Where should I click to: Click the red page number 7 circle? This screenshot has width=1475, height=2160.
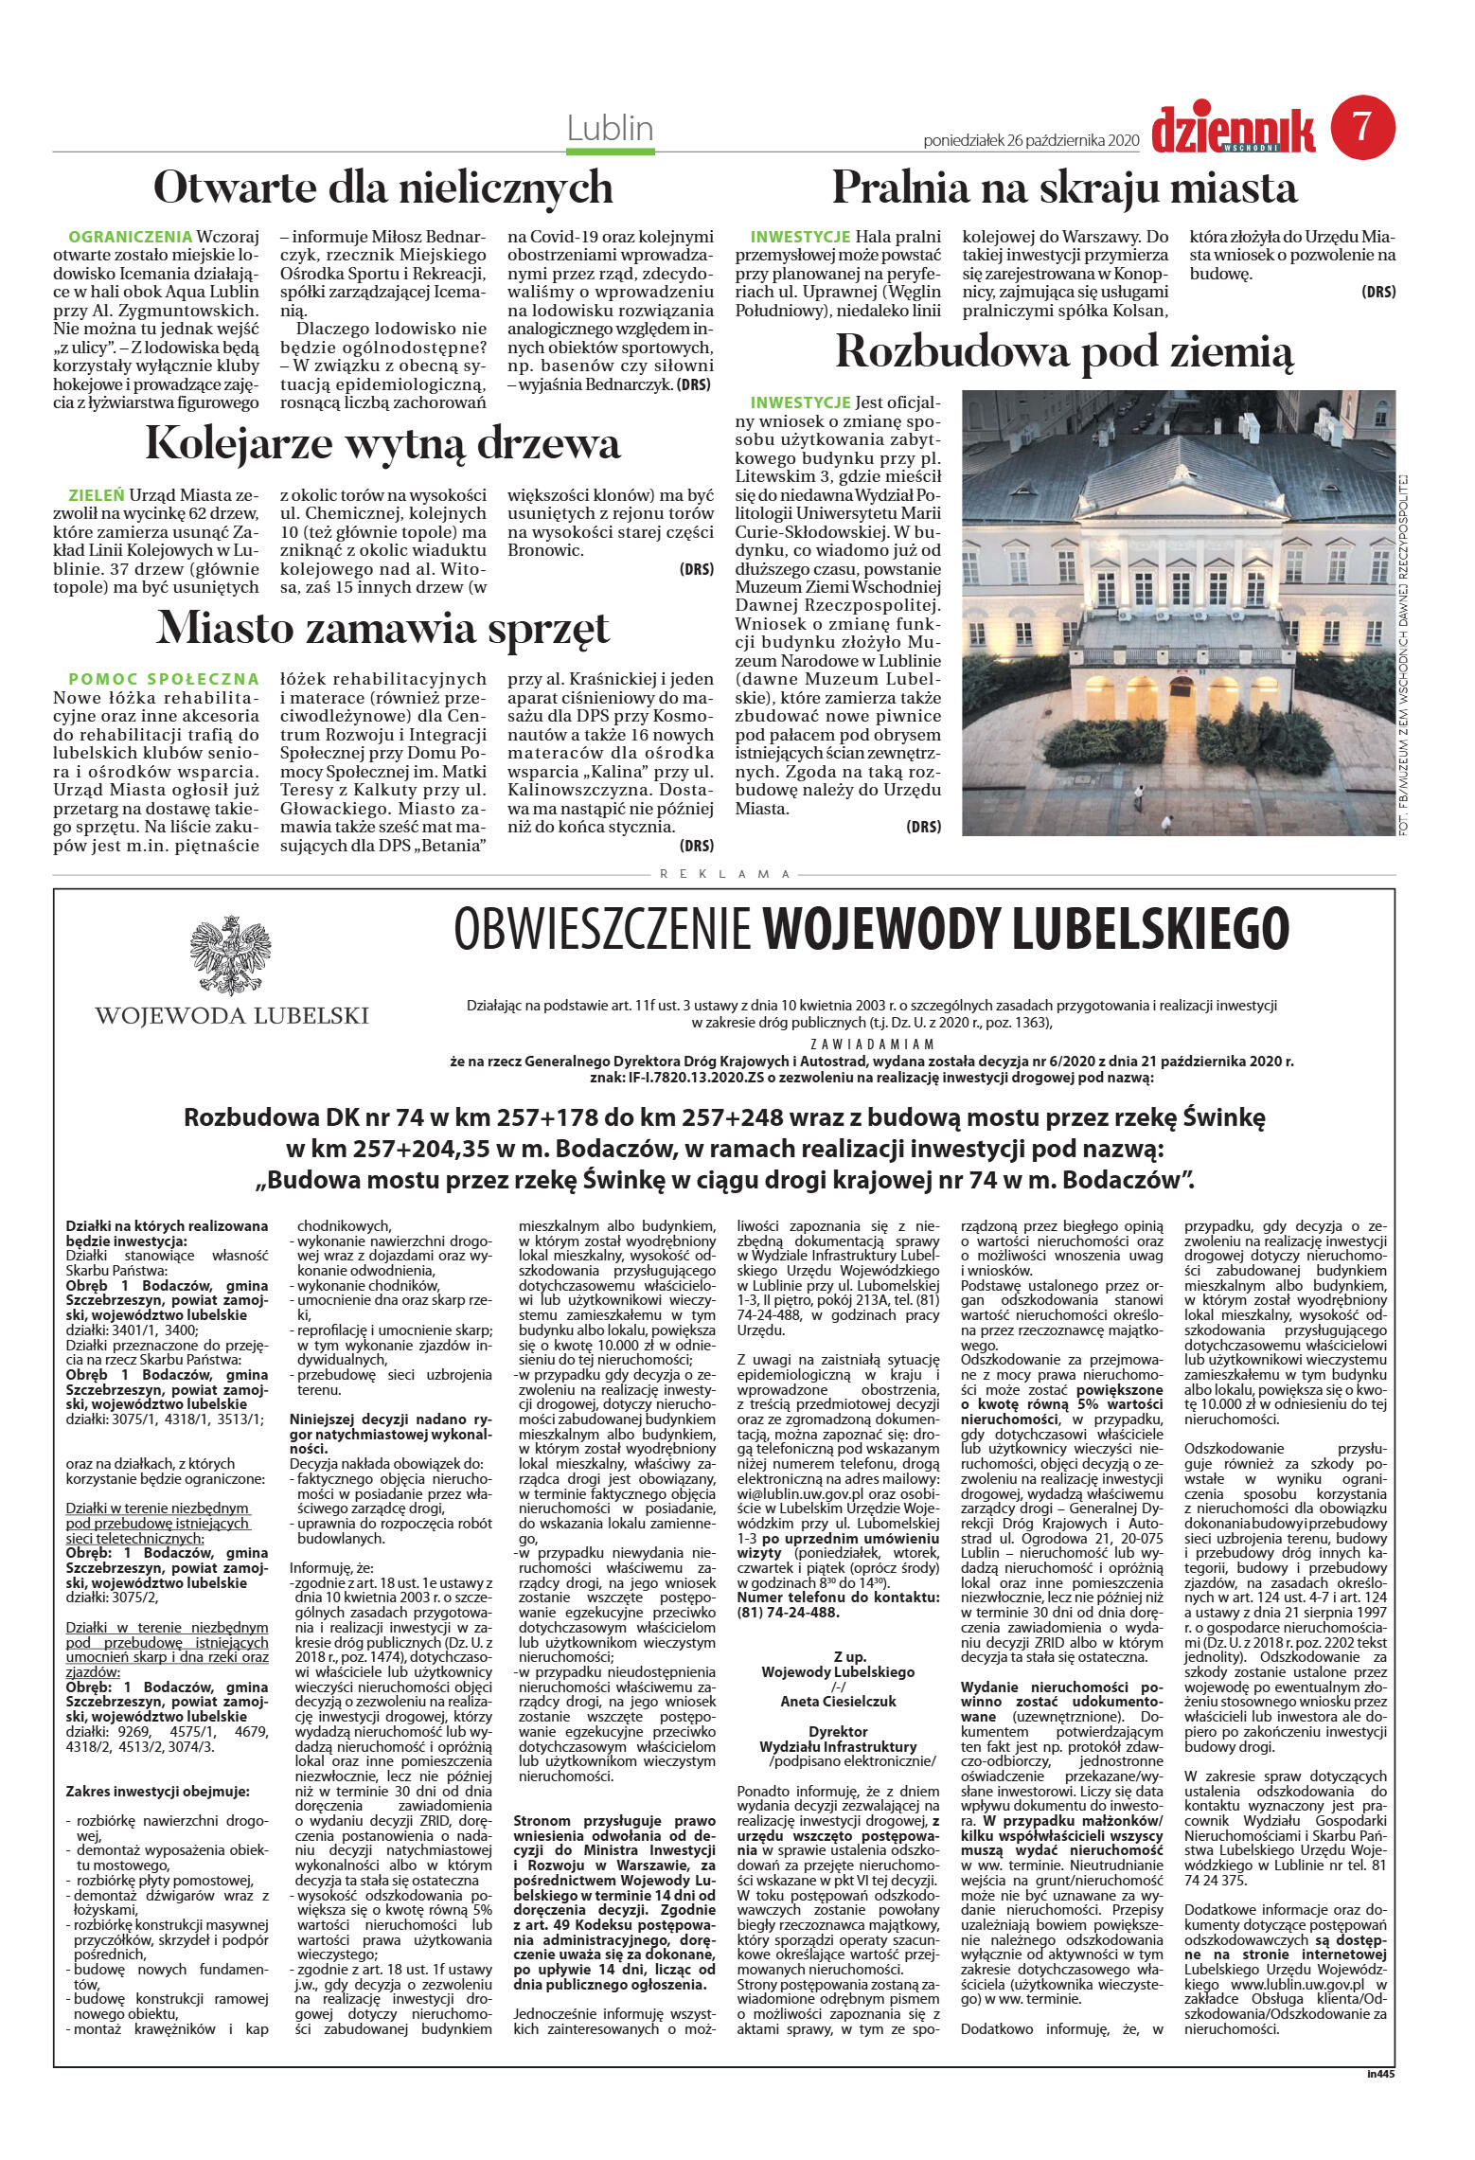pos(1363,127)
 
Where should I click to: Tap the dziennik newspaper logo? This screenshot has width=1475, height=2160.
pos(1233,131)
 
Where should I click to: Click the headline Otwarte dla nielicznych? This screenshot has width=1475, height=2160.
pos(382,187)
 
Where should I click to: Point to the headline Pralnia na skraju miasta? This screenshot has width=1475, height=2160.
pos(1064,187)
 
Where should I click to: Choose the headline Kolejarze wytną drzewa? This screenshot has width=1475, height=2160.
pos(382,443)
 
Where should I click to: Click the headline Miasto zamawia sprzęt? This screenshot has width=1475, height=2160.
pos(382,628)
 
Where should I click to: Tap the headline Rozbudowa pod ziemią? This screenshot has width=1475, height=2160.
pos(1064,352)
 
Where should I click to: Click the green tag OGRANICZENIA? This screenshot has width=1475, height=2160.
pos(131,236)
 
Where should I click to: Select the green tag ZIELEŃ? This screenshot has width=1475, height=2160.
pos(97,494)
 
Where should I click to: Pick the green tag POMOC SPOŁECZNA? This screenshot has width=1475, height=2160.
pos(164,679)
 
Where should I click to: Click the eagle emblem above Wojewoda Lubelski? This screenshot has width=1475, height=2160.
pos(230,955)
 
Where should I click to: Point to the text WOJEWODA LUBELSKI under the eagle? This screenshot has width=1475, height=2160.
pos(231,1016)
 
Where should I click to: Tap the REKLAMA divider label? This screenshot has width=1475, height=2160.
pos(724,874)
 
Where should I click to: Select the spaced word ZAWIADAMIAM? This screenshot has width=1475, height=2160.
pos(872,1044)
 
